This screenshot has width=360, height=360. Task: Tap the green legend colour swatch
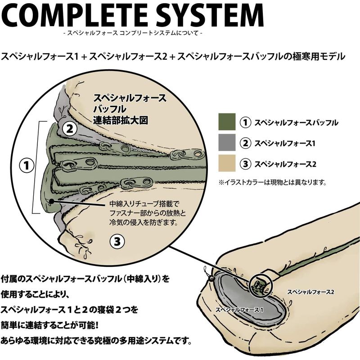pos(227,122)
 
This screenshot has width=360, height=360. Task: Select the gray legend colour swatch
pos(227,142)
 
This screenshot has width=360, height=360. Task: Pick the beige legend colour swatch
pos(227,163)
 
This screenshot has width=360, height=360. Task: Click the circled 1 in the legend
pos(245,122)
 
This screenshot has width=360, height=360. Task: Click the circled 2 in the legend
pos(245,143)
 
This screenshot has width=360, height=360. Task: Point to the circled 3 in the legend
pos(245,164)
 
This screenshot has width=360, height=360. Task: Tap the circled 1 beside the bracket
pos(27,165)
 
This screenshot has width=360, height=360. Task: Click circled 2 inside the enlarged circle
pos(69,129)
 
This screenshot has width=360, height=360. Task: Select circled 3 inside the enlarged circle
pos(117,241)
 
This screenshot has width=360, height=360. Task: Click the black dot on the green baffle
pos(52,201)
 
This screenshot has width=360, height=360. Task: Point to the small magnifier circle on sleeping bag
pos(261,284)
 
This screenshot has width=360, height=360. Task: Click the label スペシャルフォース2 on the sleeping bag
pos(310,292)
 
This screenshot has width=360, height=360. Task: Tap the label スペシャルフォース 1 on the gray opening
pos(239,310)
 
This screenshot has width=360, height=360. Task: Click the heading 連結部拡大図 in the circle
pos(121,120)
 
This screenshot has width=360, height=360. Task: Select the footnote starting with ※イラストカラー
pos(273,183)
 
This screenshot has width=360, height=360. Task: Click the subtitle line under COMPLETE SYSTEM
pos(133,33)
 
